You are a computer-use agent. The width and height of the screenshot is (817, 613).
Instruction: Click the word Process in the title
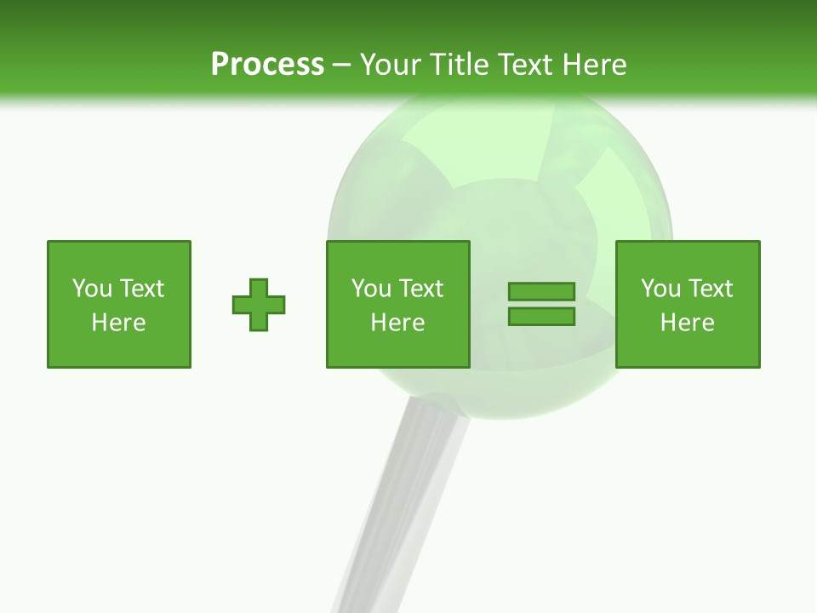pos(267,65)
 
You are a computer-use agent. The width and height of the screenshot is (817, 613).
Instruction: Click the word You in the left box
pos(92,289)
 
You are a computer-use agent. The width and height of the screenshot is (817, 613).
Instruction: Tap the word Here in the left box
pos(119,323)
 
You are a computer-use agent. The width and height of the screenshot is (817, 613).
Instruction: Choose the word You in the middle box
pos(371,289)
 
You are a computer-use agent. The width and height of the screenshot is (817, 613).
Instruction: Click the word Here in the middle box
pos(398,323)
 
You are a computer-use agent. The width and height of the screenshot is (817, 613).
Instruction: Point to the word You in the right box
pos(660,289)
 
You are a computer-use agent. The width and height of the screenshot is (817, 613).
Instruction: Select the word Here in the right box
pos(688,323)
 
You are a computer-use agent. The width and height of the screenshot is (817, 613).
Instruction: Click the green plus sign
pos(259,305)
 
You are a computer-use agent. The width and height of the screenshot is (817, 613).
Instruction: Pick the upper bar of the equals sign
pos(541,292)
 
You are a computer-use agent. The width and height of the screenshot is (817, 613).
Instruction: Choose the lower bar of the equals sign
pos(541,317)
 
